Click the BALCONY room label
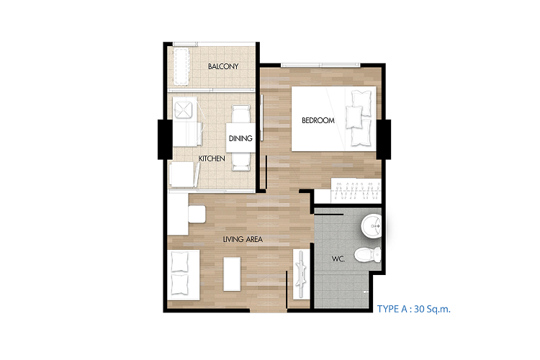[223, 66]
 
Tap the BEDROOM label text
[318, 120]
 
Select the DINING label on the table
[240, 138]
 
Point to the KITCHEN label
[212, 158]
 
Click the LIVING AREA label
[243, 239]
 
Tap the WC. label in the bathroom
[338, 258]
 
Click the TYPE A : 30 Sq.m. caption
[413, 309]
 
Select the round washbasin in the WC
[372, 226]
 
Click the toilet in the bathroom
[368, 255]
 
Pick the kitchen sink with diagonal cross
[183, 108]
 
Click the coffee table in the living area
[232, 274]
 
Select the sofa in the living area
[184, 274]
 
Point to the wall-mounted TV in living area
[301, 274]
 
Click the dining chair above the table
[240, 114]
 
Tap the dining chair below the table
[240, 161]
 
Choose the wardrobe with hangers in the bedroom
[356, 191]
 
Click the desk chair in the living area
[197, 214]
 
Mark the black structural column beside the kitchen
[165, 139]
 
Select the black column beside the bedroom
[384, 139]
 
